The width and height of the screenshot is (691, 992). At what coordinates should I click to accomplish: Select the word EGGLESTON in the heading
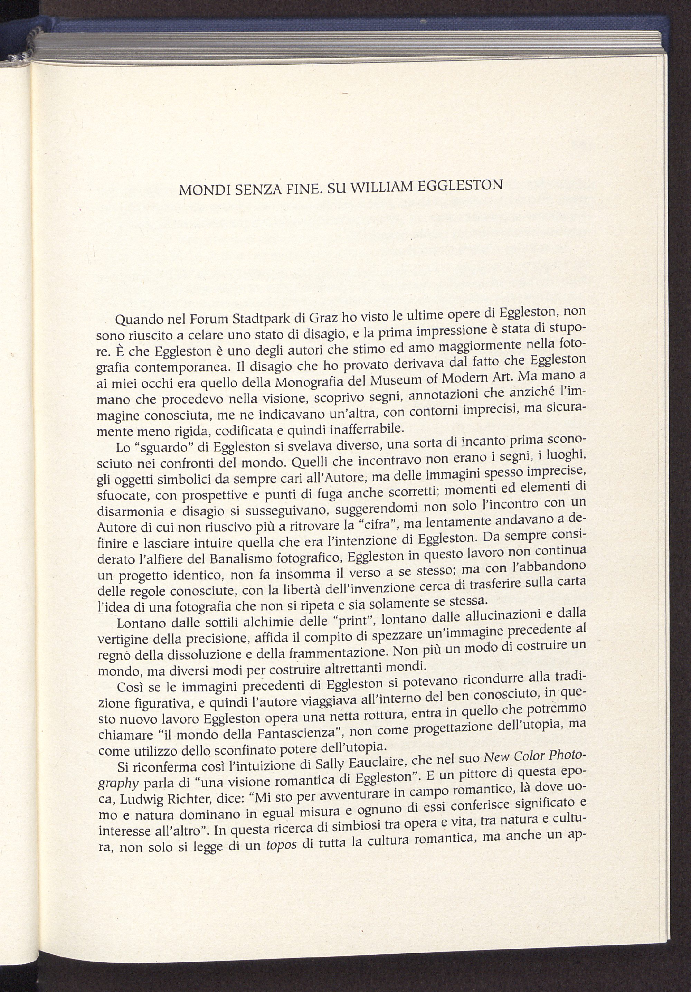tap(461, 185)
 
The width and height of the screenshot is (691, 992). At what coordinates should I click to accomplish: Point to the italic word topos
tap(281, 845)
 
